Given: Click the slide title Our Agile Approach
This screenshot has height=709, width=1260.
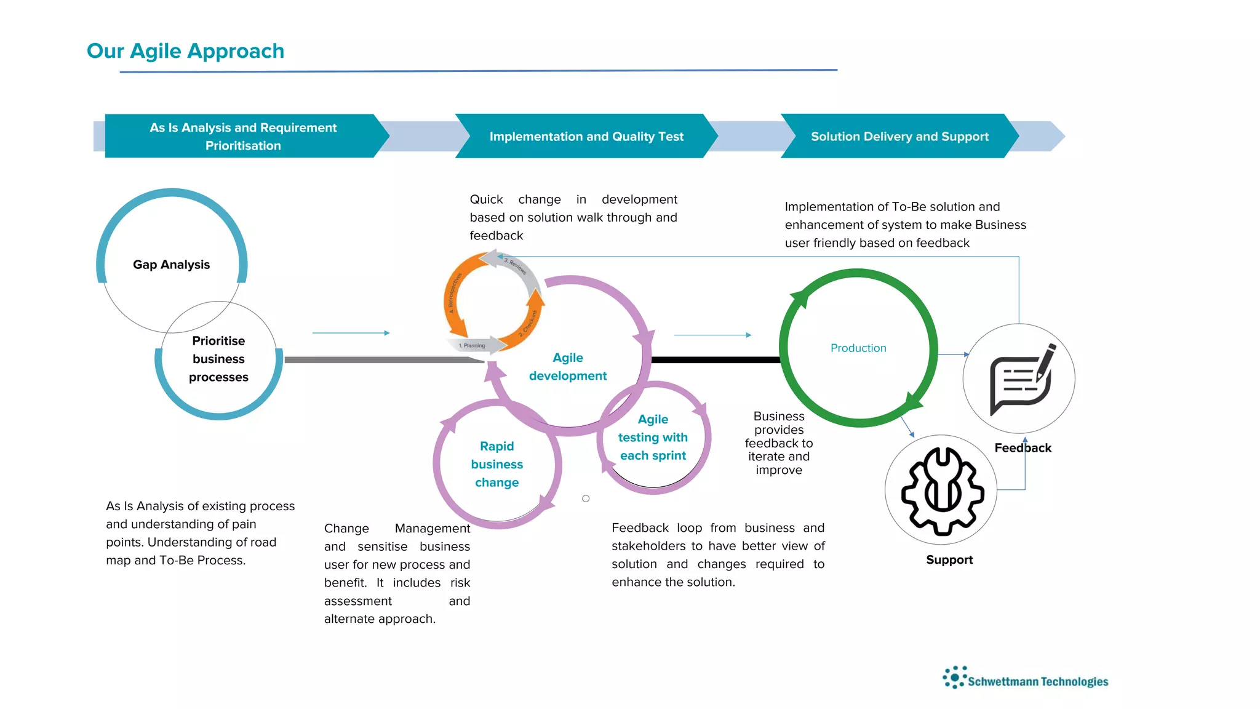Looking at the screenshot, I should [185, 51].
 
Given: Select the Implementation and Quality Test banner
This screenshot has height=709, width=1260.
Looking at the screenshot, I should [586, 137].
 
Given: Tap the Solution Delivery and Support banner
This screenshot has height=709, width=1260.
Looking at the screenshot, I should [899, 137].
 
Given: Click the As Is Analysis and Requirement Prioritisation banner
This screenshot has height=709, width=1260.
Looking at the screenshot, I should [243, 137].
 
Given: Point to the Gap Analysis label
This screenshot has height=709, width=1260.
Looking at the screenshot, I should [171, 265].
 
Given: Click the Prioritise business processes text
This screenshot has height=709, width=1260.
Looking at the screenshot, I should [218, 359].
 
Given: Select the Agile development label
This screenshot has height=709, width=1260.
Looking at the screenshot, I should [567, 367].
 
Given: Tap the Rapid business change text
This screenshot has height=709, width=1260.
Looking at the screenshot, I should [496, 464].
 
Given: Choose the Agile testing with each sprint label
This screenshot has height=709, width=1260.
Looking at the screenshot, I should [653, 438].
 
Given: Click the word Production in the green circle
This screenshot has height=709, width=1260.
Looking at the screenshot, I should [858, 348].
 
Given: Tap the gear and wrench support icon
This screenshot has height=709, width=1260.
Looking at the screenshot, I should [942, 491].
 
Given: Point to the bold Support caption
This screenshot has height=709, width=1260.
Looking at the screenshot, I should [949, 560].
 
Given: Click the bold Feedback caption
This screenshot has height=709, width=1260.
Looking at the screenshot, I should [1023, 448].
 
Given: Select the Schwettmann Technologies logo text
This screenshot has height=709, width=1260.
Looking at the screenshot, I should [1037, 681].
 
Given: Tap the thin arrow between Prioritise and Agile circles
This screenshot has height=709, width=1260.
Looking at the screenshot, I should [351, 333].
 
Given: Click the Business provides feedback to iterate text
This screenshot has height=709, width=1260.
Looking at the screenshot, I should [778, 443].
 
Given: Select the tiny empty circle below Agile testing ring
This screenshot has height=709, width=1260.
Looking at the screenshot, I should [586, 499].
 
